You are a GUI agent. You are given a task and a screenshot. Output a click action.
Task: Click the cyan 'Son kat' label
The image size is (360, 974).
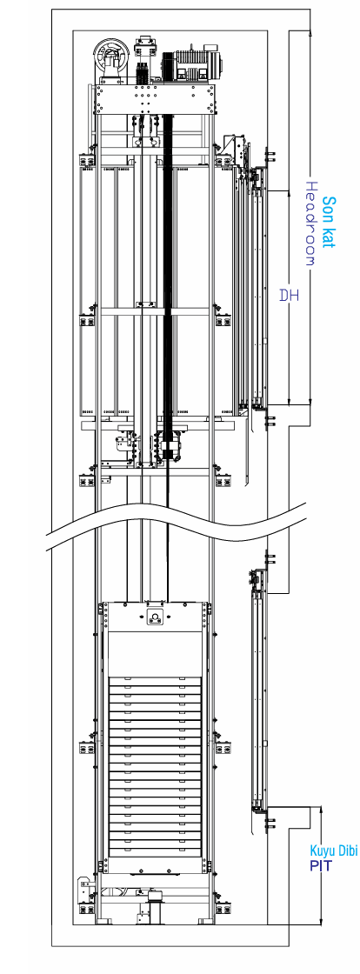(330, 223)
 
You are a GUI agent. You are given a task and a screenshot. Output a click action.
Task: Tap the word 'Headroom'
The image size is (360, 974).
(312, 223)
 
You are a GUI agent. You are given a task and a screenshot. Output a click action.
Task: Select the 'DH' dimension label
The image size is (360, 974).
(290, 295)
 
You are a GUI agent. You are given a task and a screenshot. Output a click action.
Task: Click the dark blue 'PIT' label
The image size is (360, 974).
(321, 865)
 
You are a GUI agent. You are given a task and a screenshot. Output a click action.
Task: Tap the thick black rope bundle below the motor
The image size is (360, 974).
(166, 279)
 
